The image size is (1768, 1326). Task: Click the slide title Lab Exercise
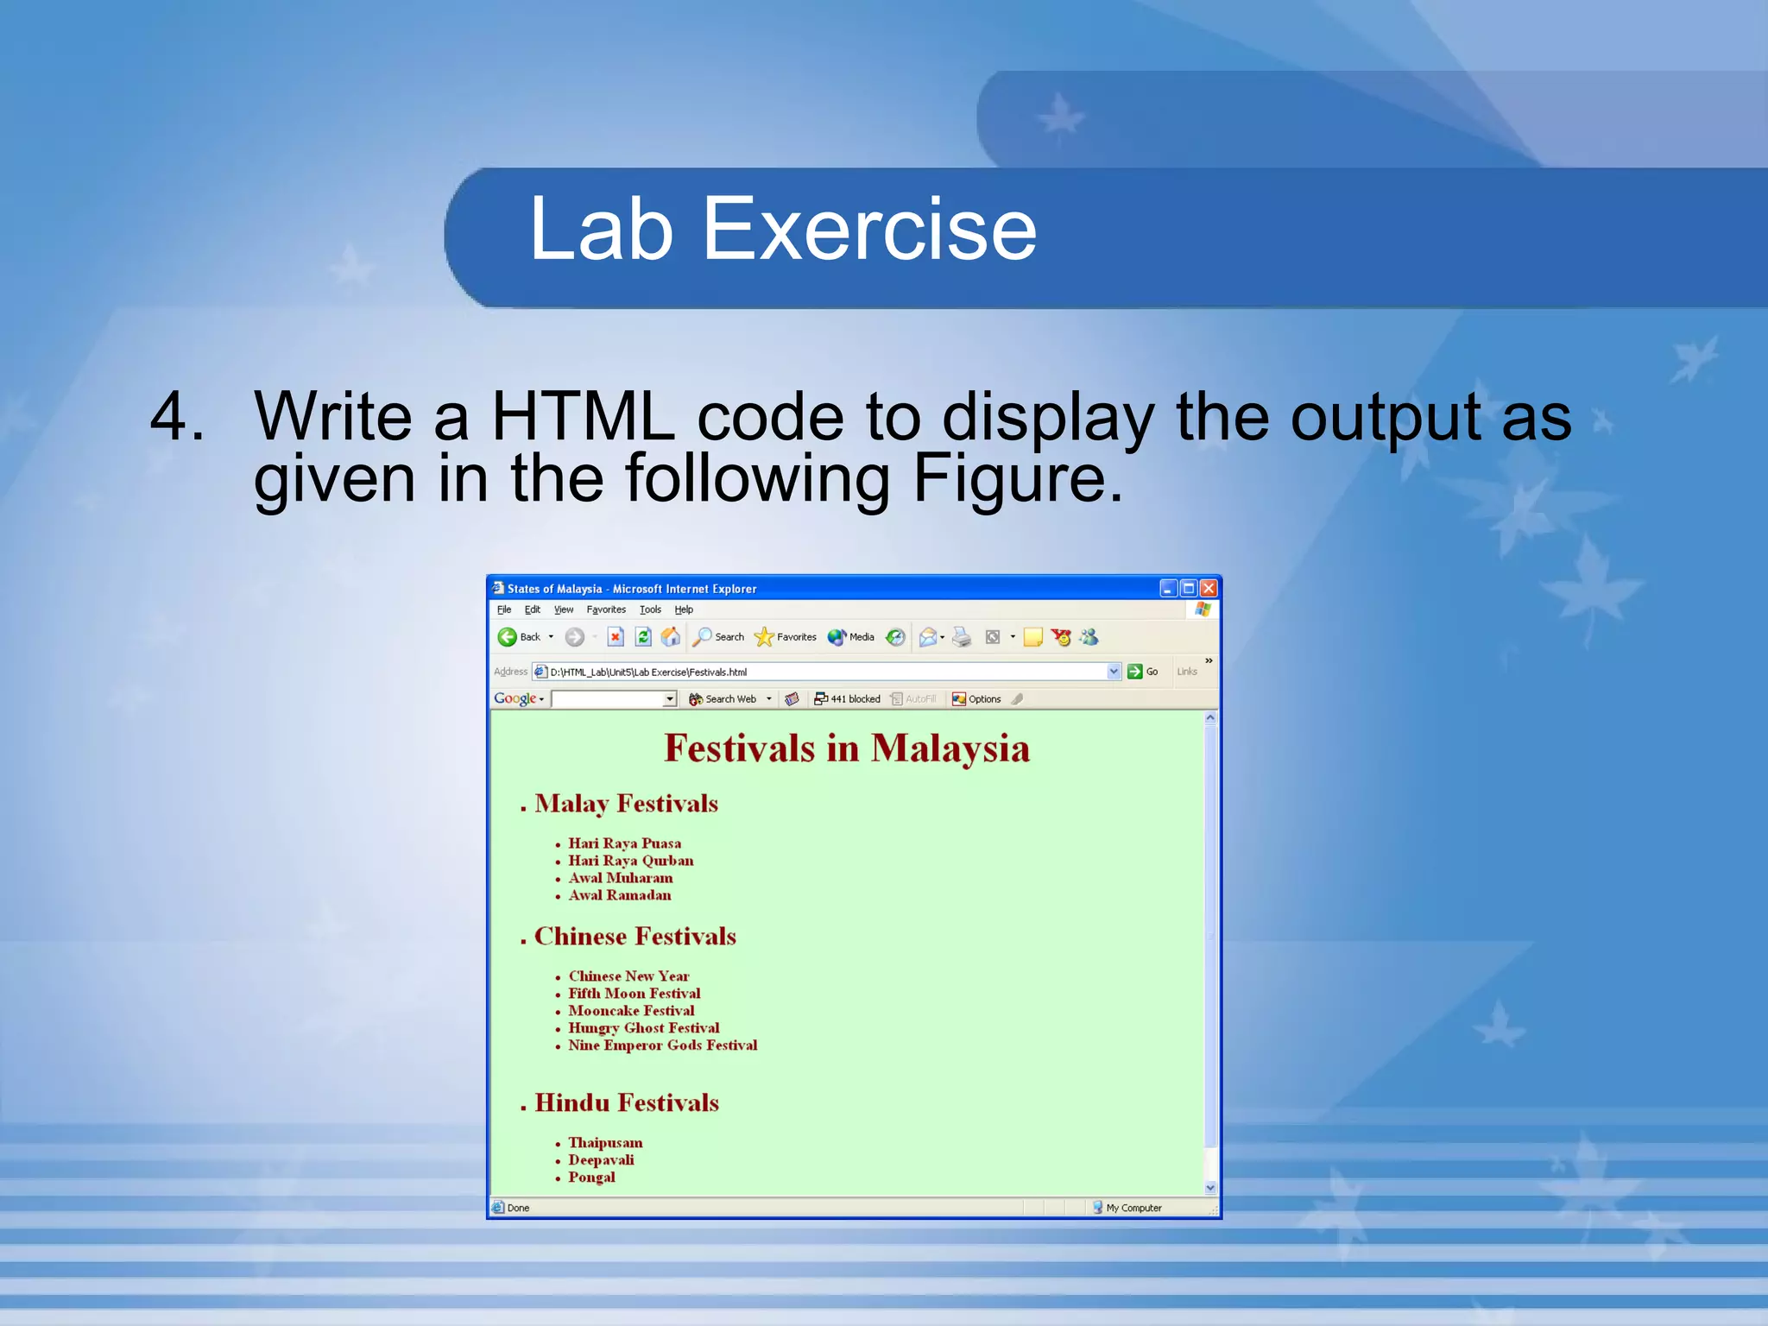[x=782, y=229]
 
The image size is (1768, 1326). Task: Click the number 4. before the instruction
[x=177, y=417]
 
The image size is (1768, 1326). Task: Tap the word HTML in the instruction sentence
[x=583, y=417]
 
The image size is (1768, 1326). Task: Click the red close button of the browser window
[x=1209, y=588]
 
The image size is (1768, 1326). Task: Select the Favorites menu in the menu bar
[x=606, y=609]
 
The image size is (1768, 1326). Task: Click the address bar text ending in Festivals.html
[x=648, y=672]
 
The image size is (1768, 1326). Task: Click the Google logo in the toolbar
[x=515, y=698]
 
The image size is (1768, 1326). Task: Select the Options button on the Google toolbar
[x=976, y=699]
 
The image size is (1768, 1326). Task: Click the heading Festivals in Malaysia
[x=846, y=748]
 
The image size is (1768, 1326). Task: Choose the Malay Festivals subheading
[x=626, y=804]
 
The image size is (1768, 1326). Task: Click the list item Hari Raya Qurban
[x=630, y=861]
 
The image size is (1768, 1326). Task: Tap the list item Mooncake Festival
[x=631, y=1011]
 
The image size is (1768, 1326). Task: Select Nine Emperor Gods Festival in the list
[x=662, y=1045]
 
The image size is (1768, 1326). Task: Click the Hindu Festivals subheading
[x=626, y=1103]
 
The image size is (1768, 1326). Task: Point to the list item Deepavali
[x=601, y=1160]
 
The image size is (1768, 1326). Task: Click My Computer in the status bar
[x=1133, y=1208]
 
